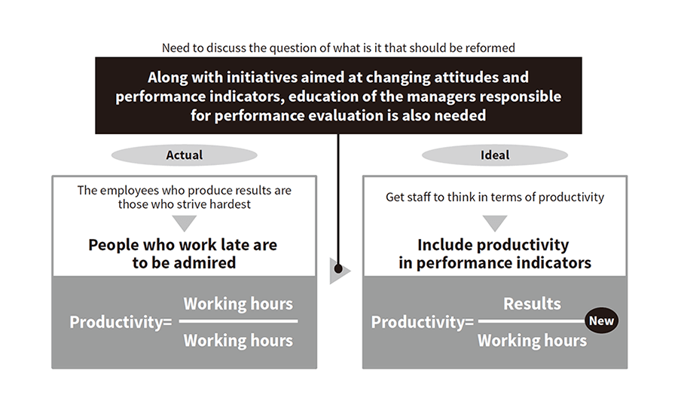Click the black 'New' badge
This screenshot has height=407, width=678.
(601, 321)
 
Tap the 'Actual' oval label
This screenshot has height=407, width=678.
(185, 155)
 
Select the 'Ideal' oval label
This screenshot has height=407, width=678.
(495, 155)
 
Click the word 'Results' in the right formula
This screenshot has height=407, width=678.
(532, 304)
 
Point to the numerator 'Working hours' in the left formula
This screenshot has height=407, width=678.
(238, 304)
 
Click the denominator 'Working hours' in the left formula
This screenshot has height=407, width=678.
(238, 341)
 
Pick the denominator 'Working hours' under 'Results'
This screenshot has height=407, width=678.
(533, 341)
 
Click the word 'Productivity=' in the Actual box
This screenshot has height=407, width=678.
(121, 323)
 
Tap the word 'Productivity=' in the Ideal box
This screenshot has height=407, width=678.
(423, 323)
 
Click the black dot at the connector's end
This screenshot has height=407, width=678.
(338, 270)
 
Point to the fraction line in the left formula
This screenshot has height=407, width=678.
(238, 321)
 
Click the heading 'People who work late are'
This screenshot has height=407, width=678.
(183, 245)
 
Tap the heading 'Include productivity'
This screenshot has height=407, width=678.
(493, 245)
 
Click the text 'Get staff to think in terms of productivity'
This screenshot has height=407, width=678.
(495, 197)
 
